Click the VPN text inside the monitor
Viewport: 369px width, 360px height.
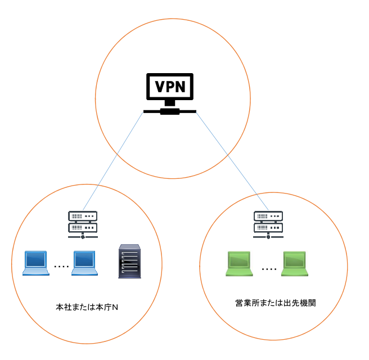[x=170, y=87]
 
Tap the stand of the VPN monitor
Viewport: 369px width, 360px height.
[x=170, y=103]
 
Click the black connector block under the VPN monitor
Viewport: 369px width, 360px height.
[x=170, y=111]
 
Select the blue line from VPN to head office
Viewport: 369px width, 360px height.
[x=113, y=161]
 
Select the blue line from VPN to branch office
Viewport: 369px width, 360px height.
[x=232, y=161]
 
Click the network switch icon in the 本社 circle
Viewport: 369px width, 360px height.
[x=83, y=224]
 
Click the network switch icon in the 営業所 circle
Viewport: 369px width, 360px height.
[x=268, y=224]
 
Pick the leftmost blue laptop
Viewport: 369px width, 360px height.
[x=36, y=263]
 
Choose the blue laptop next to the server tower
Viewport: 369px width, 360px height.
[x=84, y=263]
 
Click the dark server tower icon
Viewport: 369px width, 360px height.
[x=129, y=261]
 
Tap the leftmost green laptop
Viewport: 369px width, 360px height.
[x=239, y=263]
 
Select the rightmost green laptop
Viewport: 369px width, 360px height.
[x=295, y=263]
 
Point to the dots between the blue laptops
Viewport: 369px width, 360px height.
[x=61, y=267]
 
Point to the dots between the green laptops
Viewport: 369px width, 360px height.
[x=269, y=269]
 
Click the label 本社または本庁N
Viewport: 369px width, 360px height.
[x=87, y=307]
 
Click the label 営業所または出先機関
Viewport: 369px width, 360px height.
[x=276, y=303]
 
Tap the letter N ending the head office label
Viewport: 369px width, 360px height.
[x=115, y=308]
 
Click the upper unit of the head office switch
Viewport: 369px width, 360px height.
[x=83, y=216]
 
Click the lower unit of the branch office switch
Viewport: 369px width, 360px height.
[x=268, y=227]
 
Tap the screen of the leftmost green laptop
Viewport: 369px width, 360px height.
[x=239, y=260]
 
